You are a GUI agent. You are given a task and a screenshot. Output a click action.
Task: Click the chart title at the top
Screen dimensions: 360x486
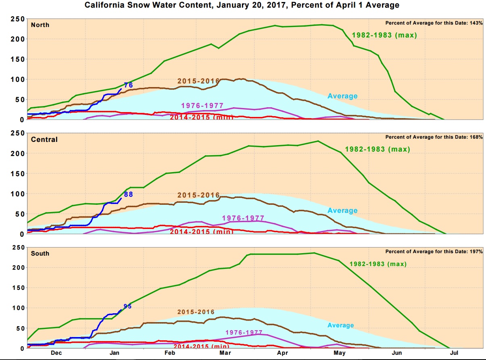tap(242, 6)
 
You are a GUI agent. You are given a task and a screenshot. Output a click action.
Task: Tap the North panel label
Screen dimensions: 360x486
tap(40, 25)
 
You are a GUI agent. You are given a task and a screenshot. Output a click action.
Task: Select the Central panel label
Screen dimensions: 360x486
tap(44, 139)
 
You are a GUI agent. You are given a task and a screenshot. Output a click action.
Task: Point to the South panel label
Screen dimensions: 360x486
tap(40, 254)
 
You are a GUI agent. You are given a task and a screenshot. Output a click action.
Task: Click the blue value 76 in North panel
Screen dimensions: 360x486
tap(128, 85)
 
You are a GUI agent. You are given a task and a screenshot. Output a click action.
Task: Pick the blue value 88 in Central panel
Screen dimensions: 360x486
tap(128, 194)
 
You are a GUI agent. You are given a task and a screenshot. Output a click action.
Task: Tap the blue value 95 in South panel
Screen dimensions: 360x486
tap(127, 306)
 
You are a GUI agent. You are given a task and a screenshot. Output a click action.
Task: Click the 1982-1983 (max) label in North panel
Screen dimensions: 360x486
tap(384, 35)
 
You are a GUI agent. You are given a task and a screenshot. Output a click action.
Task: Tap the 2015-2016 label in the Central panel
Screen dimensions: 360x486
tap(198, 196)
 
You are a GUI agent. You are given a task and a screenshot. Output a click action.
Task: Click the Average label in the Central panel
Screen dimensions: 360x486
tap(342, 210)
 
